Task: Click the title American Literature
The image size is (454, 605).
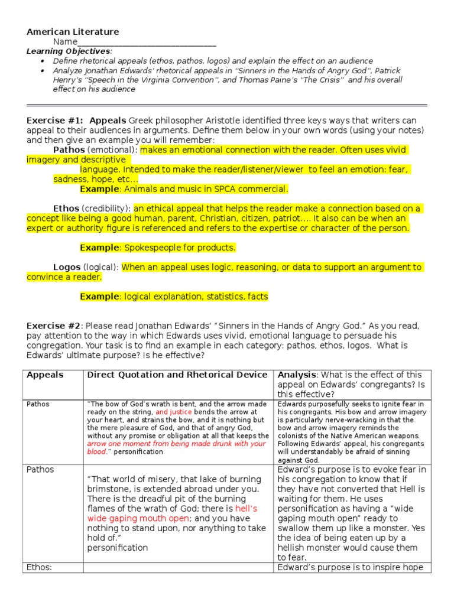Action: coord(73,32)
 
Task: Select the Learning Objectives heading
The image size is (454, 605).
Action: coord(69,51)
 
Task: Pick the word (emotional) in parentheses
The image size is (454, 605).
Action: coord(116,150)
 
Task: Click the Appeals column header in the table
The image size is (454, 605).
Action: coord(46,375)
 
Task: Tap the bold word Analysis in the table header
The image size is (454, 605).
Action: coord(297,375)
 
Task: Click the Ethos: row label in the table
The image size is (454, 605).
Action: coord(40,568)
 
